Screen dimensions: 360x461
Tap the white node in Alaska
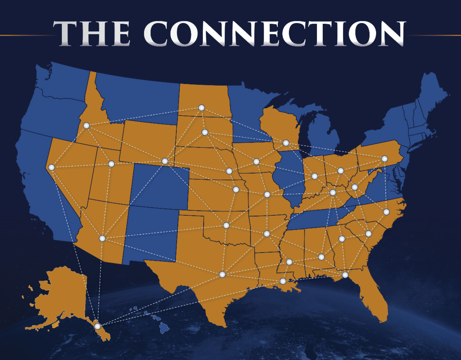click(98, 327)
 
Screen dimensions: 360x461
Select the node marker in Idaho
click(86, 126)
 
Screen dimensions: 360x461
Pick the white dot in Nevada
click(51, 167)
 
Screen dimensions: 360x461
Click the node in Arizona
click(102, 238)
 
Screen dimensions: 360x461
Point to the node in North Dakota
click(201, 108)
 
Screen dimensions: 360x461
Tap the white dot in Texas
click(222, 274)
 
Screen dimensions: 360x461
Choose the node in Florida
click(345, 275)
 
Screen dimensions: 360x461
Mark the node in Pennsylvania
click(384, 159)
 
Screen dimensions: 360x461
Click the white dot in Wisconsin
click(285, 143)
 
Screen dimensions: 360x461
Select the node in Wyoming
click(165, 161)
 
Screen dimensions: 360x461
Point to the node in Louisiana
click(283, 281)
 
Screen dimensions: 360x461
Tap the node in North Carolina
click(386, 212)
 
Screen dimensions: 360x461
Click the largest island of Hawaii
click(164, 327)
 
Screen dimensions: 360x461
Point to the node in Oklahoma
click(226, 225)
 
